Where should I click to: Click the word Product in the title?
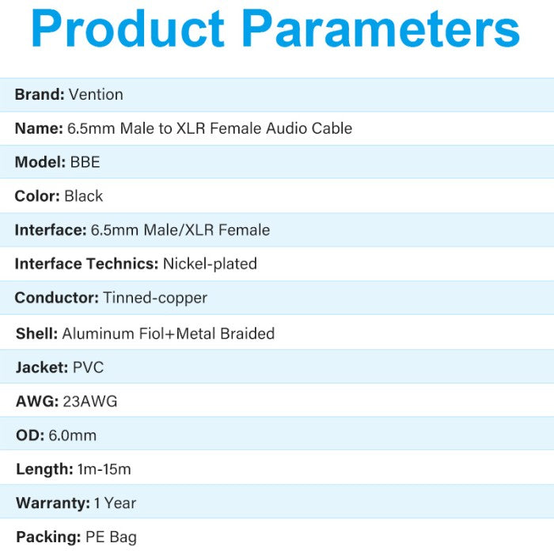128,28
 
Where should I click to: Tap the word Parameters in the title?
381,28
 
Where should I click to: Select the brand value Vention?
96,94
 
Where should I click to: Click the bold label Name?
39,128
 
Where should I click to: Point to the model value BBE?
85,162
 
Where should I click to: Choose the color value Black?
84,196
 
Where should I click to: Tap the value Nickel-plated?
210,264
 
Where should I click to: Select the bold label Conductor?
57,298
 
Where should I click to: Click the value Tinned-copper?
155,298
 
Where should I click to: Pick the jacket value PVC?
89,367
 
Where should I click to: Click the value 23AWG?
90,401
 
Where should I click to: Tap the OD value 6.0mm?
73,435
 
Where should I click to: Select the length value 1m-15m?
104,469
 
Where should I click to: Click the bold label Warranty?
53,503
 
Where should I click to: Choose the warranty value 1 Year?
116,503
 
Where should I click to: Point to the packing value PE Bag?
111,537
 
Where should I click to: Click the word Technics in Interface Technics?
122,264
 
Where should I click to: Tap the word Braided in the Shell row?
247,333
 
